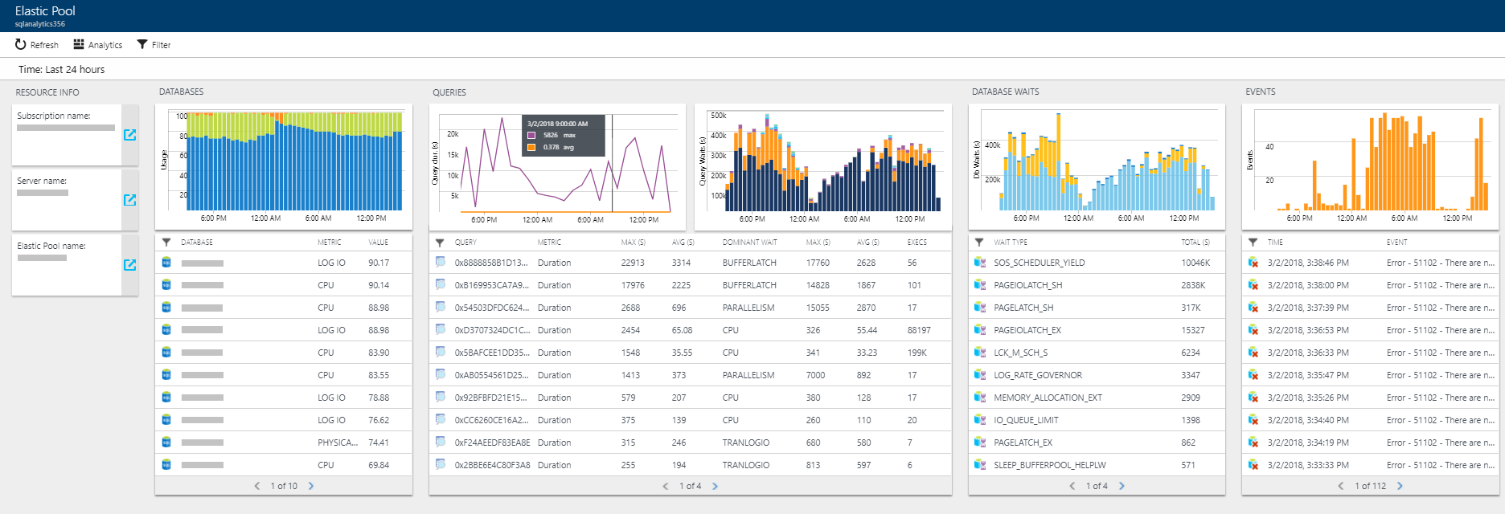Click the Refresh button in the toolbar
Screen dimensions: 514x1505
point(37,45)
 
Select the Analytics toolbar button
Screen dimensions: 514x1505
point(97,45)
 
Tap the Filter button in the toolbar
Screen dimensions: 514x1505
point(154,45)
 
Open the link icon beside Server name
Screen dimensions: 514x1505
point(129,200)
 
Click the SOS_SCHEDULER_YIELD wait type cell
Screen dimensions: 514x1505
point(1039,263)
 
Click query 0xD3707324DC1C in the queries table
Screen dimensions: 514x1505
point(491,330)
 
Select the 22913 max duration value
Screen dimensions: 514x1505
point(633,263)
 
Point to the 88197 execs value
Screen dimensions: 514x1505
point(919,330)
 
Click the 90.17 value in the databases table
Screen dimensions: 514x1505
point(379,263)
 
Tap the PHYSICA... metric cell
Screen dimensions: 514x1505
point(338,443)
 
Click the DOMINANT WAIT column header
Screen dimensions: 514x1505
point(749,242)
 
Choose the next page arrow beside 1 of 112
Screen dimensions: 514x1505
point(1400,486)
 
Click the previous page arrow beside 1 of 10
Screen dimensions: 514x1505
point(257,486)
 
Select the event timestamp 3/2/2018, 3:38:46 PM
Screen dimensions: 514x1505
point(1308,263)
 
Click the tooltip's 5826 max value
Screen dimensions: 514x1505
point(551,135)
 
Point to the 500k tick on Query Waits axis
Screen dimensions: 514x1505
point(718,116)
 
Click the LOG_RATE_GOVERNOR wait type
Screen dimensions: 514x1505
point(1037,375)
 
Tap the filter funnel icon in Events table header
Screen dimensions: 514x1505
point(1253,242)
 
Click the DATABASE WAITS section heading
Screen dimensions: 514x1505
point(1005,92)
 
